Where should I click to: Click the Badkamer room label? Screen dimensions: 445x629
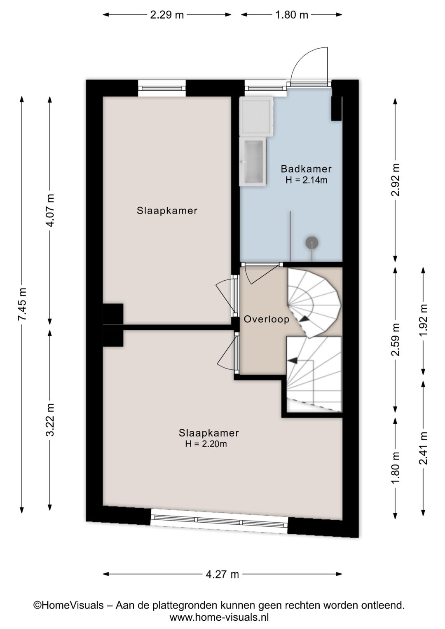tap(306, 169)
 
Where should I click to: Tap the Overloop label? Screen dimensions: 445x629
tap(267, 319)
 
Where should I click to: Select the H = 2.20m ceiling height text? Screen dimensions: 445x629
tap(206, 444)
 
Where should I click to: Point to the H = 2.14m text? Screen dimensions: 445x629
tap(306, 180)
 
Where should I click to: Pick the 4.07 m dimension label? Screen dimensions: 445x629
tap(51, 210)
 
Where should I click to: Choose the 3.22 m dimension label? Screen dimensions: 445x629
tap(51, 420)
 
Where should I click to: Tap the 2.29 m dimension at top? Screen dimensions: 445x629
tap(167, 14)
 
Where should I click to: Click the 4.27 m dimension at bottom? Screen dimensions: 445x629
tap(222, 574)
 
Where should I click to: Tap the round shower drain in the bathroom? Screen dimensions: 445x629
tap(312, 242)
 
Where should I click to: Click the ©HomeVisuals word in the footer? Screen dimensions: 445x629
tap(68, 605)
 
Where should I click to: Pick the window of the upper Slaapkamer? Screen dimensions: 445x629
tap(162, 88)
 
